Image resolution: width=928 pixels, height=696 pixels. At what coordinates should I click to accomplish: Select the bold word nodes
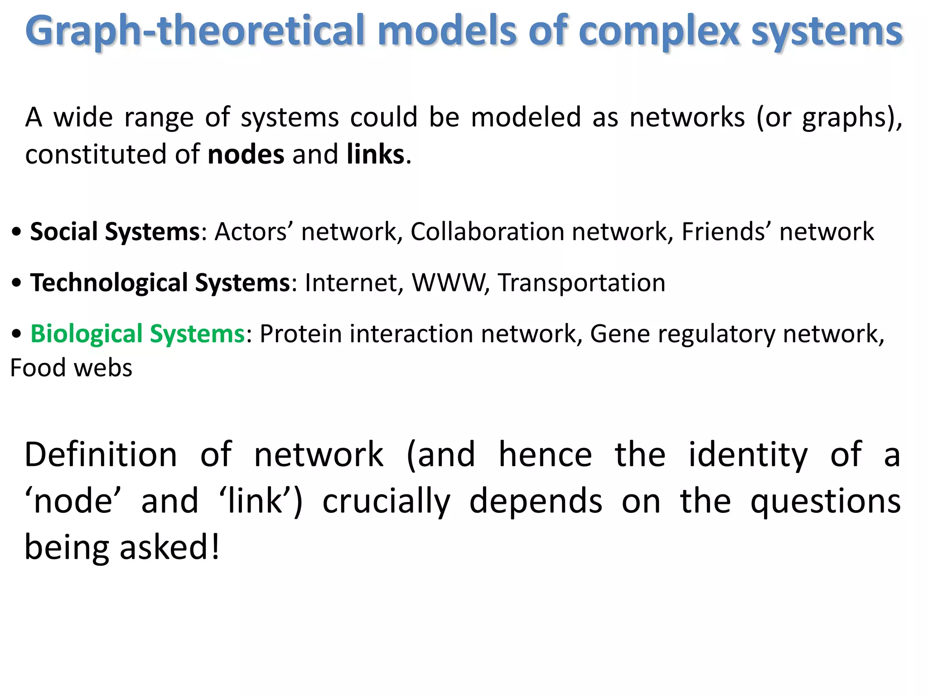click(246, 155)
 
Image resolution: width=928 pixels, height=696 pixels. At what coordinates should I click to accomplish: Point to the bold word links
click(375, 155)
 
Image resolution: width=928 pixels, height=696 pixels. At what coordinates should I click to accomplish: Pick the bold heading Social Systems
click(115, 232)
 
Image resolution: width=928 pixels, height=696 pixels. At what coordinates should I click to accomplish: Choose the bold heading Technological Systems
click(160, 283)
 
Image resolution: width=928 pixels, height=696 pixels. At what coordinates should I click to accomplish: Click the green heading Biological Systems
click(137, 334)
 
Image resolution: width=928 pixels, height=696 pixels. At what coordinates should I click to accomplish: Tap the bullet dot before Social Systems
click(17, 232)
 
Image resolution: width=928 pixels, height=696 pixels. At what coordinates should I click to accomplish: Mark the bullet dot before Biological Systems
click(17, 335)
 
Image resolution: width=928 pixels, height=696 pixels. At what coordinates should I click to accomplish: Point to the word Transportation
click(582, 283)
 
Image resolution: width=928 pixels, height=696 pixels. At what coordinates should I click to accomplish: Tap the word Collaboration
click(488, 232)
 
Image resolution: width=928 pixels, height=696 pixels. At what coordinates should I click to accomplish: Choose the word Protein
click(300, 334)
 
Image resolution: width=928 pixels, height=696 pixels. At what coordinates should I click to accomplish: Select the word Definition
click(101, 454)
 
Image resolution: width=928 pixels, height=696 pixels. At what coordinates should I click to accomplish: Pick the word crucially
click(387, 502)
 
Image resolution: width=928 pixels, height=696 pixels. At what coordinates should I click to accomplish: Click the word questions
click(826, 502)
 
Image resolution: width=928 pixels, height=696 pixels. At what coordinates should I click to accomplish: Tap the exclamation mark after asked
click(215, 547)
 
